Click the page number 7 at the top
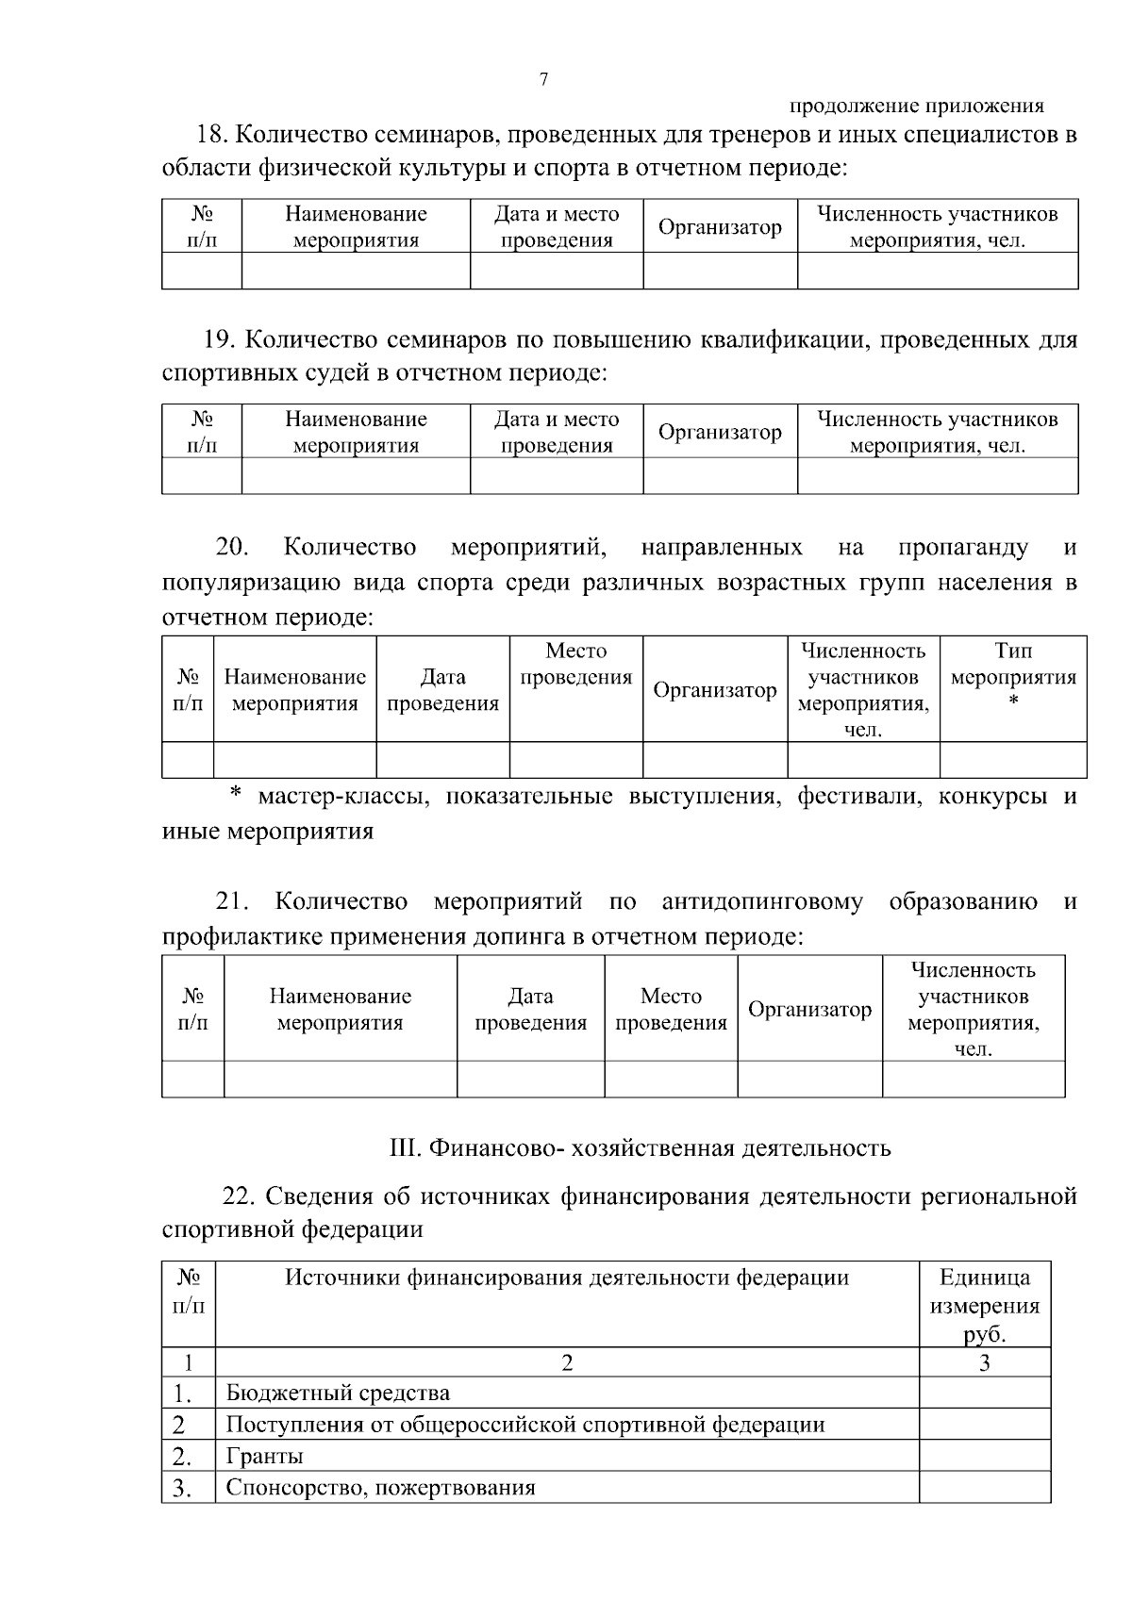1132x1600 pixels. [543, 79]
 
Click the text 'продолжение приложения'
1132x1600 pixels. [916, 107]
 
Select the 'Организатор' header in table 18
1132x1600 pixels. [720, 227]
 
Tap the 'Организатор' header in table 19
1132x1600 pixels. [720, 432]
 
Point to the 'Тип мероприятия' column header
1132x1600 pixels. [1013, 677]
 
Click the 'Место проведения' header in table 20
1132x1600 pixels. [575, 664]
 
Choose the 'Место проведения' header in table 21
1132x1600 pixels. [671, 1009]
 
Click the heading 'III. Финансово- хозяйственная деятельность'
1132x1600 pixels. [640, 1147]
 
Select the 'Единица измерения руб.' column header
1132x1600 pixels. [984, 1305]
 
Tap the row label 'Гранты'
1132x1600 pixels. [265, 1456]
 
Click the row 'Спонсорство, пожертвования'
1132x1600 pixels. [380, 1488]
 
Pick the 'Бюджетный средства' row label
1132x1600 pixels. [338, 1393]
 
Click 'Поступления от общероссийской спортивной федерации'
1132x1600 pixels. [525, 1424]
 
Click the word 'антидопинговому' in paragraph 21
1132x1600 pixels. [762, 901]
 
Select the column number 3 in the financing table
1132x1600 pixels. [984, 1361]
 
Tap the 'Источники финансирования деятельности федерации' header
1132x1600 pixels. [567, 1278]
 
